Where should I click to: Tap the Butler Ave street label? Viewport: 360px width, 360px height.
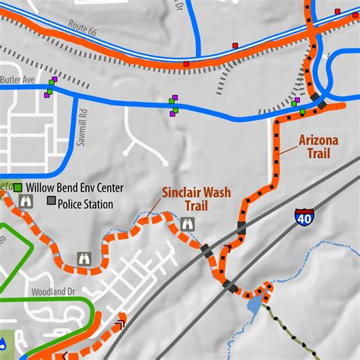point(17,78)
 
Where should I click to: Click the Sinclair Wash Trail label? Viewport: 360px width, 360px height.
point(195,198)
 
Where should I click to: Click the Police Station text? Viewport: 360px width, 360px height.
point(86,204)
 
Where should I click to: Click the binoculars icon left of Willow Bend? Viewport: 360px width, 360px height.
point(26,201)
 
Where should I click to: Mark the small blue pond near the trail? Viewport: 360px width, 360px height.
point(253,306)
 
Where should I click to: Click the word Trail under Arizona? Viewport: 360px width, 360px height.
point(319,153)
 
